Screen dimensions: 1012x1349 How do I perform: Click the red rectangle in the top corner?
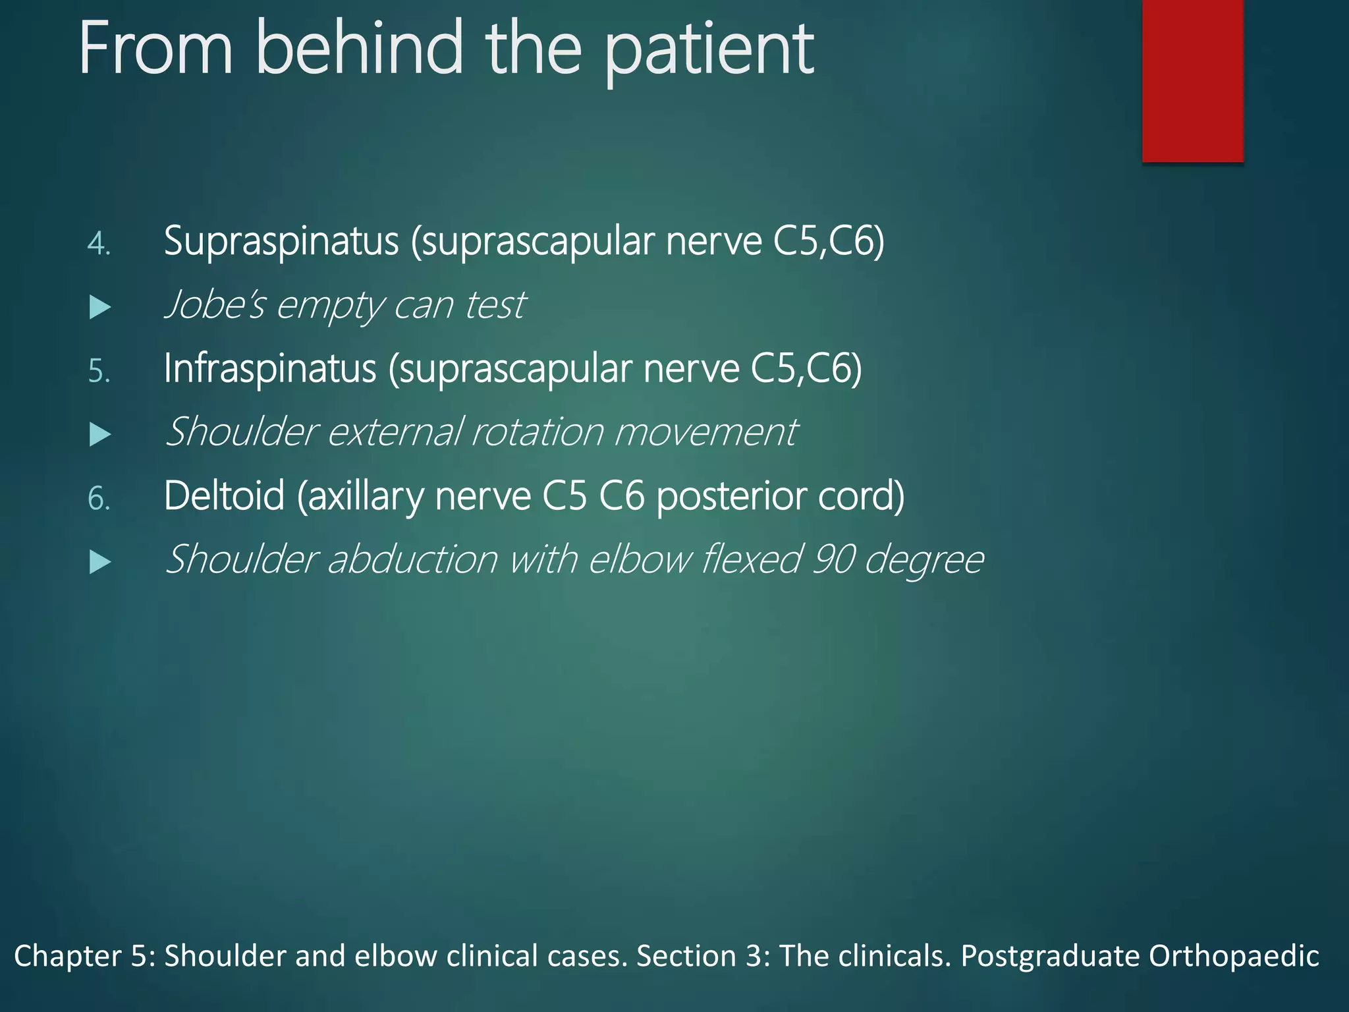point(1192,80)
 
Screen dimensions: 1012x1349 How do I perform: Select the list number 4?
point(98,244)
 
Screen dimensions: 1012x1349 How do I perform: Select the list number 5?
point(98,372)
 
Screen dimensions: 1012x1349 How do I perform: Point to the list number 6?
point(98,499)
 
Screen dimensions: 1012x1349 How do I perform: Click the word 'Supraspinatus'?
point(281,241)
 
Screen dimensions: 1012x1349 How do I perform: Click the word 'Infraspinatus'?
point(270,368)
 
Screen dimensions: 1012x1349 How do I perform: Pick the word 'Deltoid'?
point(224,495)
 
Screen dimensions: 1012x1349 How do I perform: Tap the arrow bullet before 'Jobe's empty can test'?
point(99,307)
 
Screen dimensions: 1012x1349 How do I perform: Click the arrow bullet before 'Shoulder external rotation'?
point(99,434)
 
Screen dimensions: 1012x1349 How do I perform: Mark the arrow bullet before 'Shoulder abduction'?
point(99,562)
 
